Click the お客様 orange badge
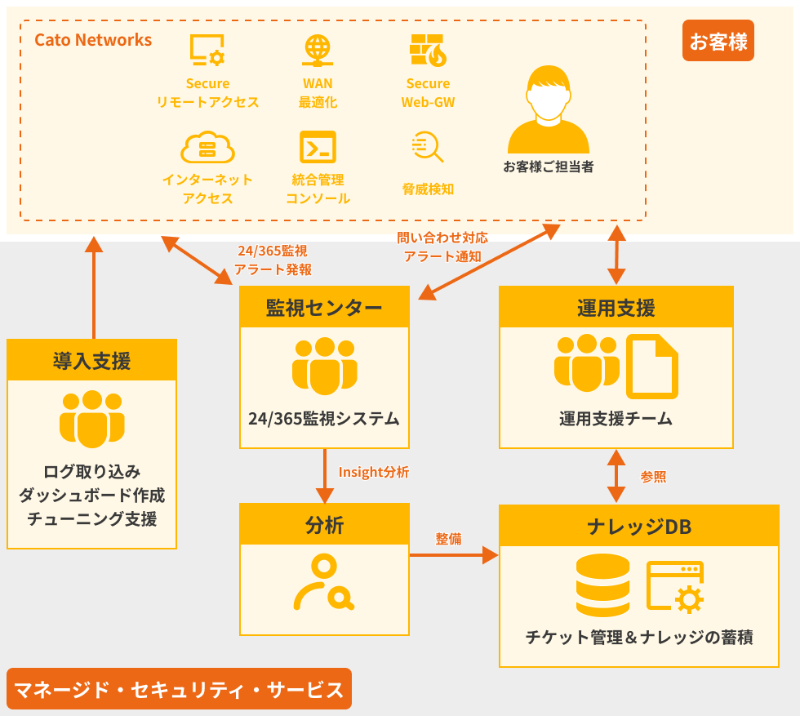tap(718, 41)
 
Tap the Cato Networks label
tap(93, 40)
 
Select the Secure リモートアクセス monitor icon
tap(207, 51)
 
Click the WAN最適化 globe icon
tap(318, 51)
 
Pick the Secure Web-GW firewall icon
tap(428, 51)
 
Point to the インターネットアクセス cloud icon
tap(207, 148)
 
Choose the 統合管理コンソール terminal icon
tap(318, 148)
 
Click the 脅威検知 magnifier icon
tap(428, 147)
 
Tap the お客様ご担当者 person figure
tap(548, 109)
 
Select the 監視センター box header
tap(324, 308)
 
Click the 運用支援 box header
tap(616, 308)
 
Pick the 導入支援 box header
tap(91, 360)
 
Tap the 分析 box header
tap(324, 525)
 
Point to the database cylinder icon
tap(602, 585)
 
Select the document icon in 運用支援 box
tap(651, 367)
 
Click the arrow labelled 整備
tap(453, 555)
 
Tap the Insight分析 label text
tap(373, 473)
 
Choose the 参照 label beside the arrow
tap(653, 477)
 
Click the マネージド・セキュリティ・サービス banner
tap(179, 689)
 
